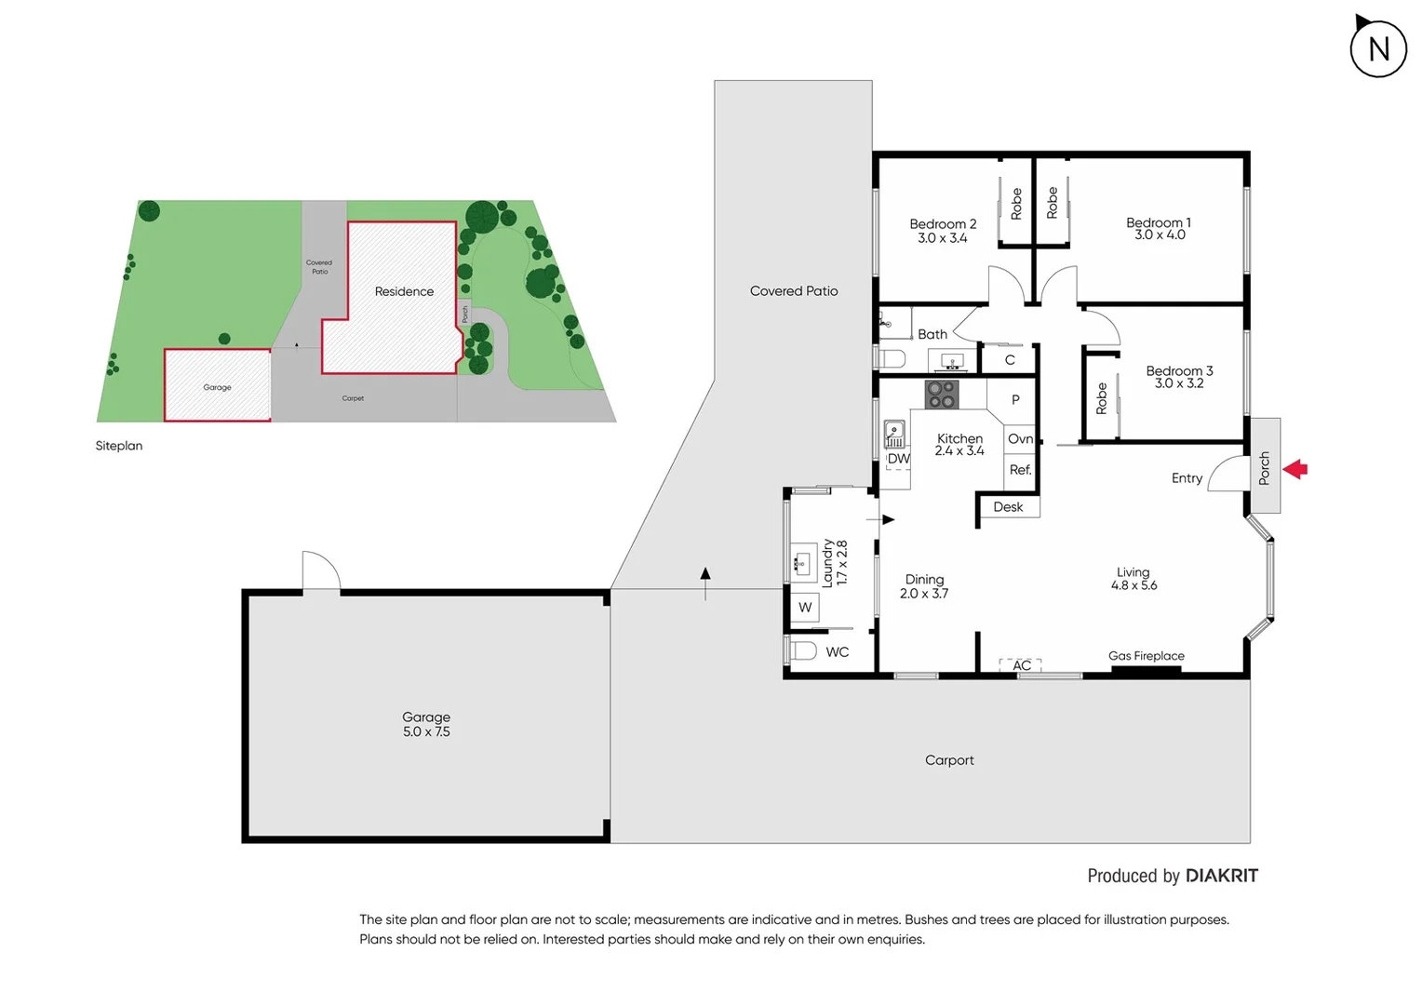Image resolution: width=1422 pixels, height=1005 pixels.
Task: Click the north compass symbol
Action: pos(1378,48)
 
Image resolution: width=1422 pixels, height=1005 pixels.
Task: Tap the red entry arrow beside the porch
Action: pos(1295,469)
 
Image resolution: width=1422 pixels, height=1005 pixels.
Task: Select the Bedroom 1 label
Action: pos(1158,222)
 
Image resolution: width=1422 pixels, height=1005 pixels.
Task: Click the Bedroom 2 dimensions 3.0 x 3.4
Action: pos(942,238)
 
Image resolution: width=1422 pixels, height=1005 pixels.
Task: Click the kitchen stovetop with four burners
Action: pos(941,395)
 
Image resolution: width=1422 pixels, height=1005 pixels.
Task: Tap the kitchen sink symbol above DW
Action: pos(894,434)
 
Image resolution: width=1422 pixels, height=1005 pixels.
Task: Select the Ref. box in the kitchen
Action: pos(1020,470)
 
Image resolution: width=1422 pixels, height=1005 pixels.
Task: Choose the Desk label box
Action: pos(1008,507)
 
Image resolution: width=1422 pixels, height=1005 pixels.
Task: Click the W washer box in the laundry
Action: pos(805,608)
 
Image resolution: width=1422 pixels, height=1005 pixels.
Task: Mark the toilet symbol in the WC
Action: pos(802,650)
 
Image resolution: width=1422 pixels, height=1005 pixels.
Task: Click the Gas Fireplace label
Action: pos(1146,656)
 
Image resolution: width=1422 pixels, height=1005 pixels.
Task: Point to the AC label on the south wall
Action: pos(1021,665)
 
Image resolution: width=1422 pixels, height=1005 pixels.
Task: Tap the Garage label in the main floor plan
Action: pos(426,717)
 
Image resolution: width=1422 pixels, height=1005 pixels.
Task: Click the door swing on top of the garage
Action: pos(321,570)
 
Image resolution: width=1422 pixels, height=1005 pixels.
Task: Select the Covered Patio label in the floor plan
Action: pos(794,291)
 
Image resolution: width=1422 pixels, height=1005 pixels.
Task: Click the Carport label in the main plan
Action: pos(949,760)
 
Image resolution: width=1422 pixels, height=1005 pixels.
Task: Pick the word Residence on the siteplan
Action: pos(404,291)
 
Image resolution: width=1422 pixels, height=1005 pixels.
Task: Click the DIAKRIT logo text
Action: pos(1221,876)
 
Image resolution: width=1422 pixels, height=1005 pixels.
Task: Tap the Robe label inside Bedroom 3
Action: pos(1102,397)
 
